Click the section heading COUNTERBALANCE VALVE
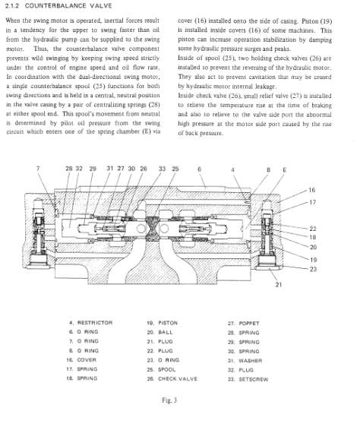[x=68, y=6]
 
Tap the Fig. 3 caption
[x=169, y=400]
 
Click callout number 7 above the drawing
[x=38, y=169]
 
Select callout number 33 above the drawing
[x=162, y=169]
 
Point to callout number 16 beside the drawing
[x=311, y=190]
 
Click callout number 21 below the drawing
[x=279, y=284]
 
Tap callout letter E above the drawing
[x=285, y=170]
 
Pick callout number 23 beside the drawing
[x=313, y=269]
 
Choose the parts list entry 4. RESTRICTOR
[x=91, y=323]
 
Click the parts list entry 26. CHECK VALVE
[x=172, y=379]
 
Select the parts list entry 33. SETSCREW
[x=248, y=379]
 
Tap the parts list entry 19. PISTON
[x=163, y=323]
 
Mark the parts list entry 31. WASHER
[x=245, y=361]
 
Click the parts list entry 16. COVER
[x=81, y=360]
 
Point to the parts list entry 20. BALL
[x=159, y=332]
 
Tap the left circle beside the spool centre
[x=141, y=229]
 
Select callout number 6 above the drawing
[x=199, y=169]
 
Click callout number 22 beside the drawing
[x=313, y=229]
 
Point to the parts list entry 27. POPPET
[x=244, y=323]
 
